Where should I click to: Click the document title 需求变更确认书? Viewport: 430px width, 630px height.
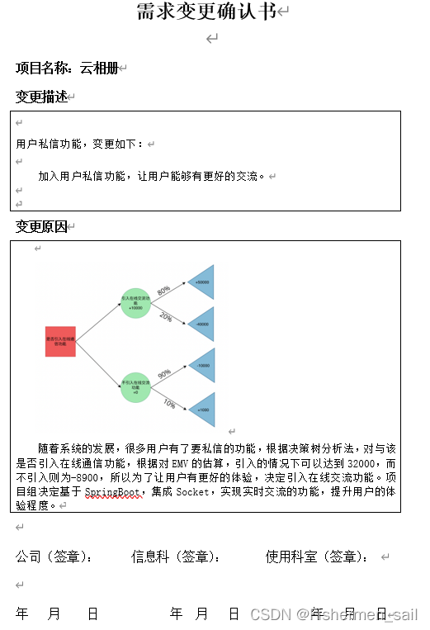pyautogui.click(x=206, y=12)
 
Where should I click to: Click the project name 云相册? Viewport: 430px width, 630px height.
pyautogui.click(x=99, y=67)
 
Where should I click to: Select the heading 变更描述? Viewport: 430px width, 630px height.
pyautogui.click(x=41, y=97)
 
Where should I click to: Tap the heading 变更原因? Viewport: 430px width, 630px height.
pyautogui.click(x=41, y=226)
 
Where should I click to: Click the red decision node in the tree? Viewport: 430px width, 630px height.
pyautogui.click(x=60, y=341)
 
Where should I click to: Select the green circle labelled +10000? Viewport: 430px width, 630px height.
pyautogui.click(x=135, y=302)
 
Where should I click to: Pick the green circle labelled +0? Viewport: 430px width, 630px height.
pyautogui.click(x=135, y=386)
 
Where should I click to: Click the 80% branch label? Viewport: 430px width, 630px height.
pyautogui.click(x=163, y=291)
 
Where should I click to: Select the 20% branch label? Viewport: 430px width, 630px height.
pyautogui.click(x=165, y=317)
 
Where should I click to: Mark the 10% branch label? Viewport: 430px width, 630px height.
pyautogui.click(x=169, y=403)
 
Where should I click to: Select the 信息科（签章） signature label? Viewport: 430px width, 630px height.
pyautogui.click(x=175, y=557)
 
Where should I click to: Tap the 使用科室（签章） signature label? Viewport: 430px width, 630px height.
pyautogui.click(x=316, y=557)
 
